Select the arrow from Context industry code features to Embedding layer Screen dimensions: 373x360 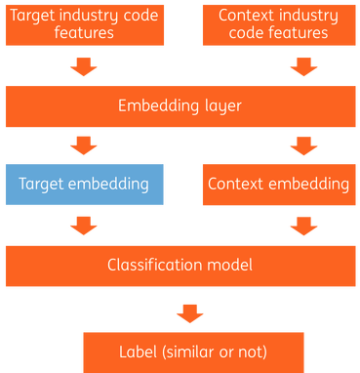(x=303, y=66)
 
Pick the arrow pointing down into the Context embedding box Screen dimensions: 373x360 (x=303, y=145)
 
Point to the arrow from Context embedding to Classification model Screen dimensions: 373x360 (x=303, y=226)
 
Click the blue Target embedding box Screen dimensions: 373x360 (x=83, y=185)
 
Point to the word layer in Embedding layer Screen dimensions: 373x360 (x=222, y=105)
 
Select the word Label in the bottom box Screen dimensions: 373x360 (x=139, y=351)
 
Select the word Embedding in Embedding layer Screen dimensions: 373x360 (x=157, y=105)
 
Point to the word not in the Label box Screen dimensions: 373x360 (x=252, y=351)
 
